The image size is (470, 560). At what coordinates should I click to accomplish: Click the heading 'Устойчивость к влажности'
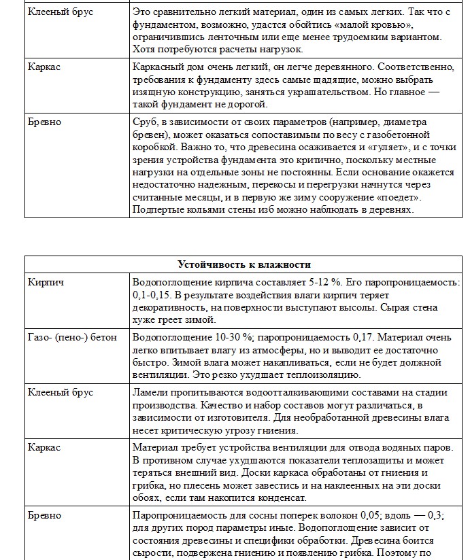(x=244, y=264)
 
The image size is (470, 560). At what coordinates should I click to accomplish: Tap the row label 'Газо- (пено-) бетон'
(x=73, y=337)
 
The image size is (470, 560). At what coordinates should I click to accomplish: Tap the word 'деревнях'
(x=390, y=210)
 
